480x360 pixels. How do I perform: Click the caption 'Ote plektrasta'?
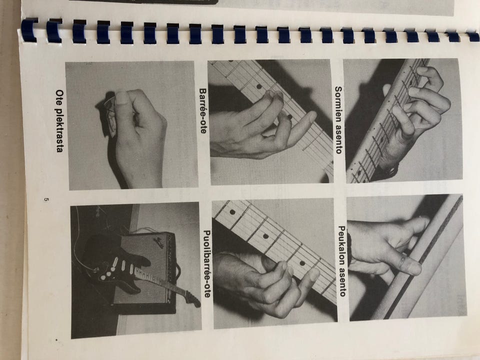click(x=59, y=121)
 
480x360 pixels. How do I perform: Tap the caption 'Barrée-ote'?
click(x=202, y=111)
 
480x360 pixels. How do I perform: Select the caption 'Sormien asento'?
click(x=338, y=120)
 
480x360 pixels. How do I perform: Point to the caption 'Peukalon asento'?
click(x=342, y=261)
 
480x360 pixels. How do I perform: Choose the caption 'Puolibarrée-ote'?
click(x=206, y=264)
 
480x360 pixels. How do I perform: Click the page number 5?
click(x=46, y=199)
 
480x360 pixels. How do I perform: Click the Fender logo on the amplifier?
click(x=159, y=239)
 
